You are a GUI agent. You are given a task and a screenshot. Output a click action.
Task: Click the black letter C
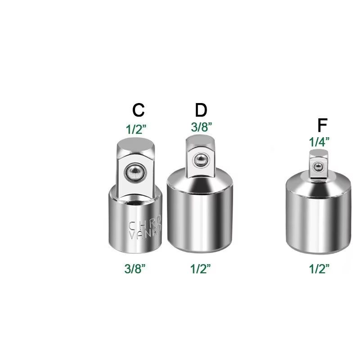pos(138,110)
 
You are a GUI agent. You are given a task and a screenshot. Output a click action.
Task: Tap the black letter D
pos(201,110)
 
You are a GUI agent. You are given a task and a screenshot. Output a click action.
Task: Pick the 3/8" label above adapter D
pos(201,127)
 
